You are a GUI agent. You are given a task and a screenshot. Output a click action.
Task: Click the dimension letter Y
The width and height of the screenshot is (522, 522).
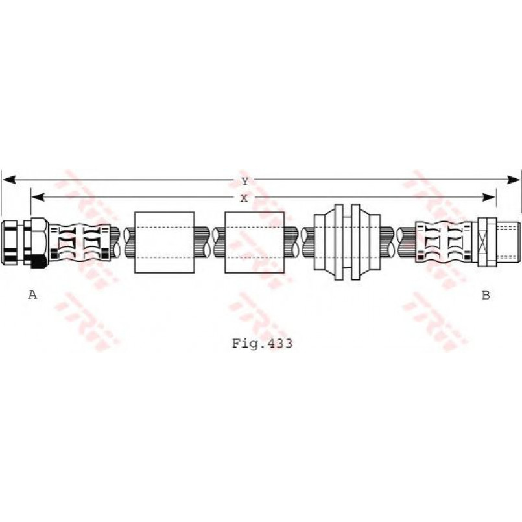tap(244, 181)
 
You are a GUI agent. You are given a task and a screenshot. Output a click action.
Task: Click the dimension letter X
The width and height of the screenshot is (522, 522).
tap(244, 198)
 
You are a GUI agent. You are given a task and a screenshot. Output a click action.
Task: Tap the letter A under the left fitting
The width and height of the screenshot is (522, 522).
tap(32, 295)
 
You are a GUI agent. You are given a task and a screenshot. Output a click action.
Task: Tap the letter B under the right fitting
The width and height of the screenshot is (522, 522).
tap(485, 295)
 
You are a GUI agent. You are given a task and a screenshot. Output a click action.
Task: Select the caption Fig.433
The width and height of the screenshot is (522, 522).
tap(262, 344)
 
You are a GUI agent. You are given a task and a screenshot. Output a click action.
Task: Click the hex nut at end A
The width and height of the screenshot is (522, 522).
tap(14, 243)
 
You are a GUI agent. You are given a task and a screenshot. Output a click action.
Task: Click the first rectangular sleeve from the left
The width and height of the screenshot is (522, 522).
tap(164, 243)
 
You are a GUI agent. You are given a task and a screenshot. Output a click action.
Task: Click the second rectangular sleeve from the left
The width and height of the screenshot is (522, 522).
tap(254, 243)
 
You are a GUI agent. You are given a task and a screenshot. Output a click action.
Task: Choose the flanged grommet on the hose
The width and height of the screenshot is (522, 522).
tap(346, 243)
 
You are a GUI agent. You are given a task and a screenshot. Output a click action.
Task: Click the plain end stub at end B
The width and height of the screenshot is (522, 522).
tap(508, 243)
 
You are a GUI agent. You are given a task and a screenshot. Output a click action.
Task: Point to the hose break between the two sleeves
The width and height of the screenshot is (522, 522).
tap(209, 243)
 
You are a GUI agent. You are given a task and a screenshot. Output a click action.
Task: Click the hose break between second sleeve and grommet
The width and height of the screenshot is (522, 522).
tap(300, 243)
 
